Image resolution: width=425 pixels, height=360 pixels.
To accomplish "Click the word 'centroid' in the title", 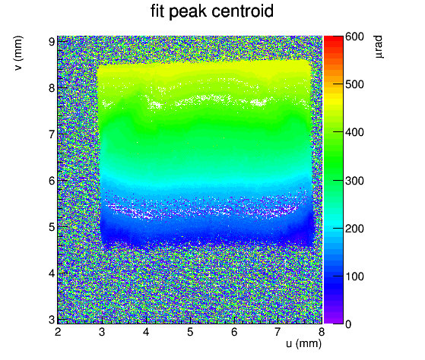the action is (243, 11).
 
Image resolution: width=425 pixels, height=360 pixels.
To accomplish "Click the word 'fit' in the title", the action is (157, 11).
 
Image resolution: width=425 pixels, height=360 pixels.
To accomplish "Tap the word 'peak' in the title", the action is (188, 12).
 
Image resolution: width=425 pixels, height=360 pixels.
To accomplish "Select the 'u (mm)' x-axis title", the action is (303, 343).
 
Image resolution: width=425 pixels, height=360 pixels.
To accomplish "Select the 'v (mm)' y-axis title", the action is (18, 53).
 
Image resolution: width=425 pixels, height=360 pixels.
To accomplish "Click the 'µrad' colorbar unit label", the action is (379, 46).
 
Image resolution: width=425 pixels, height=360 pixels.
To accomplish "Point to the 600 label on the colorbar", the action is (354, 36).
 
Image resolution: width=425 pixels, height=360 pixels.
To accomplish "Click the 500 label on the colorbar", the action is (354, 84).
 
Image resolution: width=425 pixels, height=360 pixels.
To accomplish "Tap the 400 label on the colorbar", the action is (354, 132).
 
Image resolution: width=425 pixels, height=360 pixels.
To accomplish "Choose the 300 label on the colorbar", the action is (354, 181).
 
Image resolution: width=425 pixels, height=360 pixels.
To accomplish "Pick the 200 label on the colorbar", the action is (354, 229).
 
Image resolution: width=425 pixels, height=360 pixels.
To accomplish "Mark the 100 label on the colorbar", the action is (354, 276).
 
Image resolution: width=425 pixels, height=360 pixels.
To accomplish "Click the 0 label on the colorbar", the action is (348, 324).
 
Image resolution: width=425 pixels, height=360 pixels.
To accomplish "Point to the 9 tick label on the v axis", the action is (52, 42).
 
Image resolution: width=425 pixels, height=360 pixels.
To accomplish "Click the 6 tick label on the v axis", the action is (52, 181).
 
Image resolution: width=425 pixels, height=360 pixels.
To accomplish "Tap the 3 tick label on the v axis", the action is (52, 320).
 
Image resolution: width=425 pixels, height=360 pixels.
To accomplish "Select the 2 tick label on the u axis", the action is (58, 332).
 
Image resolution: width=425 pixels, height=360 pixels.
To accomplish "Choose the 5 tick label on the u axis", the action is (190, 332).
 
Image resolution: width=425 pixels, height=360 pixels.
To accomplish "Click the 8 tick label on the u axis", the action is (322, 332).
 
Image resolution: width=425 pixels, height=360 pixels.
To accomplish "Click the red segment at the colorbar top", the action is (334, 39).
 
